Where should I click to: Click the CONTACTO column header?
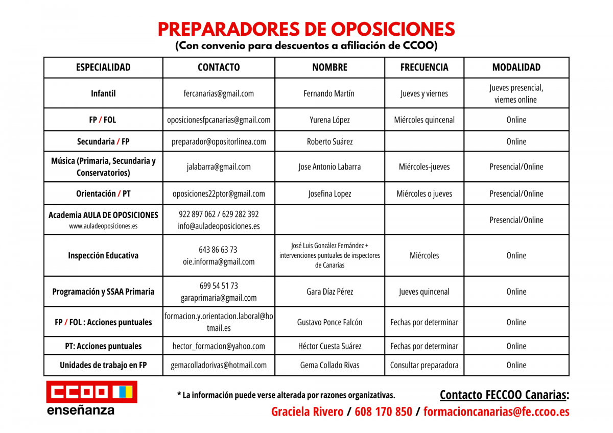click(x=219, y=67)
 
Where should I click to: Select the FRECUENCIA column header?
click(x=424, y=67)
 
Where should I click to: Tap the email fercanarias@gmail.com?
click(x=219, y=93)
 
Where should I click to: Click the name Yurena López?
click(x=329, y=120)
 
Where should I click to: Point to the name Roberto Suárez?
click(x=329, y=141)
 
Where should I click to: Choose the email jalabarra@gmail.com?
click(x=219, y=166)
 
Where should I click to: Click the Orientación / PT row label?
click(x=103, y=194)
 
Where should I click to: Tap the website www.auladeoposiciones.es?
click(x=103, y=226)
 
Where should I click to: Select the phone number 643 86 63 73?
click(x=218, y=250)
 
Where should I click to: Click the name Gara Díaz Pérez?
click(x=329, y=292)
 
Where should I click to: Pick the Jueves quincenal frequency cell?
click(x=424, y=292)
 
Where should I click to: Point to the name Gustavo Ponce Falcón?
click(x=329, y=322)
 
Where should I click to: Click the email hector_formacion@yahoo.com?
click(x=219, y=346)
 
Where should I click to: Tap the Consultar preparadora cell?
click(x=424, y=365)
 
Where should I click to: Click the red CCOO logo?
click(x=91, y=392)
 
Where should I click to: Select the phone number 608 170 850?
click(x=383, y=412)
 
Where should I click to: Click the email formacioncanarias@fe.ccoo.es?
click(x=496, y=412)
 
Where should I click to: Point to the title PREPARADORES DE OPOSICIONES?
click(x=306, y=29)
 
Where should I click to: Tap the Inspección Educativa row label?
click(x=103, y=255)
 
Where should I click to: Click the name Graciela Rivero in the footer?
click(x=307, y=412)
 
